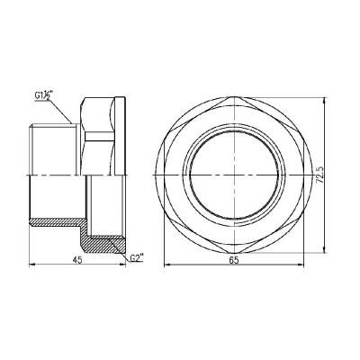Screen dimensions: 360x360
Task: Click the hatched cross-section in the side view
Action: click(103, 242)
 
